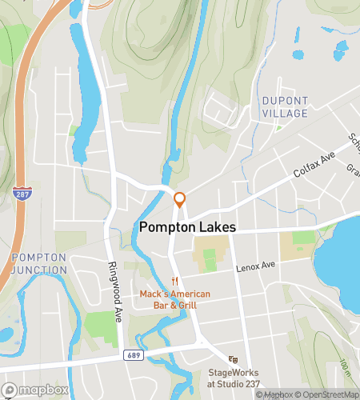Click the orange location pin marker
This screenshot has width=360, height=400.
(x=180, y=200)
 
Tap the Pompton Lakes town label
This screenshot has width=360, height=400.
(x=187, y=227)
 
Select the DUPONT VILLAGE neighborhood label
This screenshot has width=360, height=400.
(x=284, y=107)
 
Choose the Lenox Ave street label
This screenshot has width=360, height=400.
(x=255, y=266)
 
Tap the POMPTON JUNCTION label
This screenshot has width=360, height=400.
(x=39, y=263)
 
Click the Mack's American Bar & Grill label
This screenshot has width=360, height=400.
(x=174, y=299)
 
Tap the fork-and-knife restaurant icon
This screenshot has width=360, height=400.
(x=174, y=282)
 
